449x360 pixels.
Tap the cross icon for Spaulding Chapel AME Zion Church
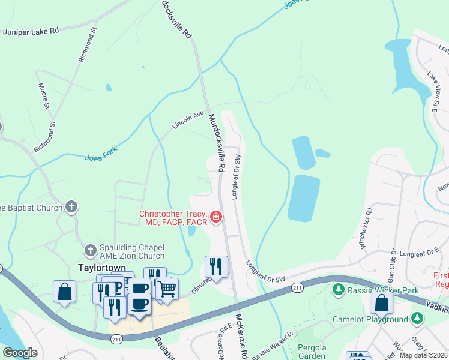tap(90, 250)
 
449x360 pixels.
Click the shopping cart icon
tap(167, 289)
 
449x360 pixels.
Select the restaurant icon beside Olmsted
tap(216, 266)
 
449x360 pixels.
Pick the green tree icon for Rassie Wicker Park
tap(339, 290)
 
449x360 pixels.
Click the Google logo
tap(20, 353)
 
